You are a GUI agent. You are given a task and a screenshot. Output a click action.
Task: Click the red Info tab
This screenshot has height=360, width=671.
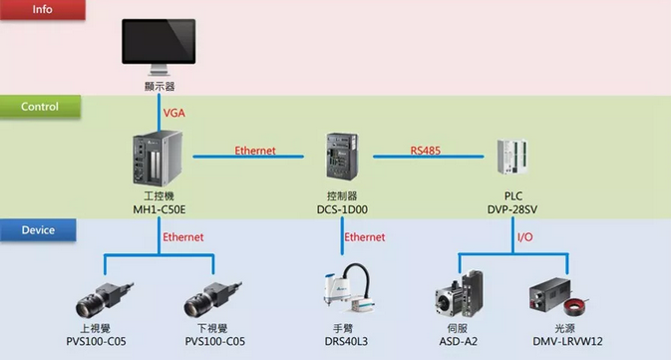point(42,9)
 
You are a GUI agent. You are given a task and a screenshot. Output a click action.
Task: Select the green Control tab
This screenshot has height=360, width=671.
point(40,106)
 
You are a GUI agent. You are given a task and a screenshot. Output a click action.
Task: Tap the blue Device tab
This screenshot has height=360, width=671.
point(38,230)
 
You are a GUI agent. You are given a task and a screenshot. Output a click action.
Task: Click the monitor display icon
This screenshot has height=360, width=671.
point(159,47)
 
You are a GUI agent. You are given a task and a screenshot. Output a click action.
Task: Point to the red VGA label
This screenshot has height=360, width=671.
point(174,113)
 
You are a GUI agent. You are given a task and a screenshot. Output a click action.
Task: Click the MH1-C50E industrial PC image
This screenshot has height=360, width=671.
point(158,158)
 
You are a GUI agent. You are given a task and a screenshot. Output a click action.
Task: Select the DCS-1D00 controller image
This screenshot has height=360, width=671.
point(342,157)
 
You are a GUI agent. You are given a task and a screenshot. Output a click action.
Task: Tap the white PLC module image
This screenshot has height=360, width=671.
point(512,157)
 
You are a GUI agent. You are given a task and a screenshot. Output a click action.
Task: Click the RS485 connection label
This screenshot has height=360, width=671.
point(426,151)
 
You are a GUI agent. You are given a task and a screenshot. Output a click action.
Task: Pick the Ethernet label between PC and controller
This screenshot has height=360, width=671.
point(255,151)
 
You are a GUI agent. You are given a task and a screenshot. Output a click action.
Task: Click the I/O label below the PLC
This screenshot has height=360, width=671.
point(525,236)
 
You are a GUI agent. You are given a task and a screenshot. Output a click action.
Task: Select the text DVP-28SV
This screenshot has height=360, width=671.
point(512,209)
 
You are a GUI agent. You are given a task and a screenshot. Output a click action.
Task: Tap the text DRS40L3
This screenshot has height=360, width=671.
point(346,341)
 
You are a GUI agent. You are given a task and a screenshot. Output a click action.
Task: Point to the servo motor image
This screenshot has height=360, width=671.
point(460,293)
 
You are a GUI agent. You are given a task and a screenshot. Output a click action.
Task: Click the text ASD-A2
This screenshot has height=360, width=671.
point(459,341)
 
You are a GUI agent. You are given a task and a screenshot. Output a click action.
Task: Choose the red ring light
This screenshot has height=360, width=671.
point(575,306)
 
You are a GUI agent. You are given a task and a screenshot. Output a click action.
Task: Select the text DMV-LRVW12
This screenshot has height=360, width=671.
point(567,341)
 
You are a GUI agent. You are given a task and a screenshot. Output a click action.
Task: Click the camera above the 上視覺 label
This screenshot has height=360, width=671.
point(105,299)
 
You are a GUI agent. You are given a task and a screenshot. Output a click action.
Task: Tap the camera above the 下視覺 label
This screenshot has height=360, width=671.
point(212,299)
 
